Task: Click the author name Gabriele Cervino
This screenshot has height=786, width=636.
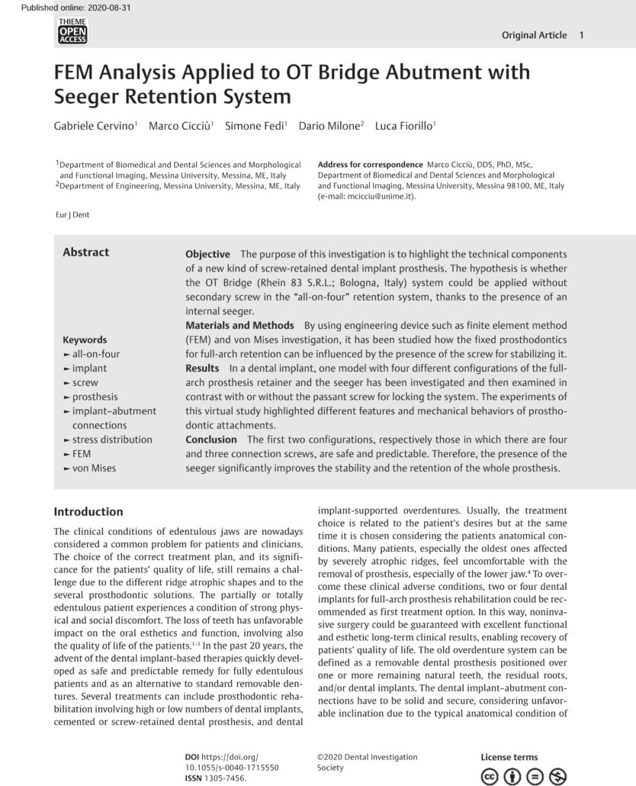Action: (x=95, y=126)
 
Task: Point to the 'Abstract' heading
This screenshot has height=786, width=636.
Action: (x=85, y=253)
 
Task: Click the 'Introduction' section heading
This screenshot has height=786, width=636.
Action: (x=88, y=512)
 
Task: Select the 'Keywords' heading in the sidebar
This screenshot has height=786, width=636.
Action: (x=85, y=340)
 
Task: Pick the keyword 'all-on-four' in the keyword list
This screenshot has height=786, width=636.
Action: (x=95, y=354)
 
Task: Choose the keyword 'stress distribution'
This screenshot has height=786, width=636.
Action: (x=111, y=440)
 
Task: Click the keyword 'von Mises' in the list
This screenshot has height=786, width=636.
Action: (x=94, y=468)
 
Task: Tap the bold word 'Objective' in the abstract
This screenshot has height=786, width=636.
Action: (x=207, y=254)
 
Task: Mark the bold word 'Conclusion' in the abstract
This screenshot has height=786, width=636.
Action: (x=211, y=440)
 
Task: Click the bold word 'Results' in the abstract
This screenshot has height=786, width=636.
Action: (x=202, y=368)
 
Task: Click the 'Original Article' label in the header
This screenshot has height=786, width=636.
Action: (x=534, y=35)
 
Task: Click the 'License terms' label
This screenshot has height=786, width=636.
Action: (x=509, y=757)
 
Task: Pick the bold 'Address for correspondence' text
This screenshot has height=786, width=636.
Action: (x=370, y=165)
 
